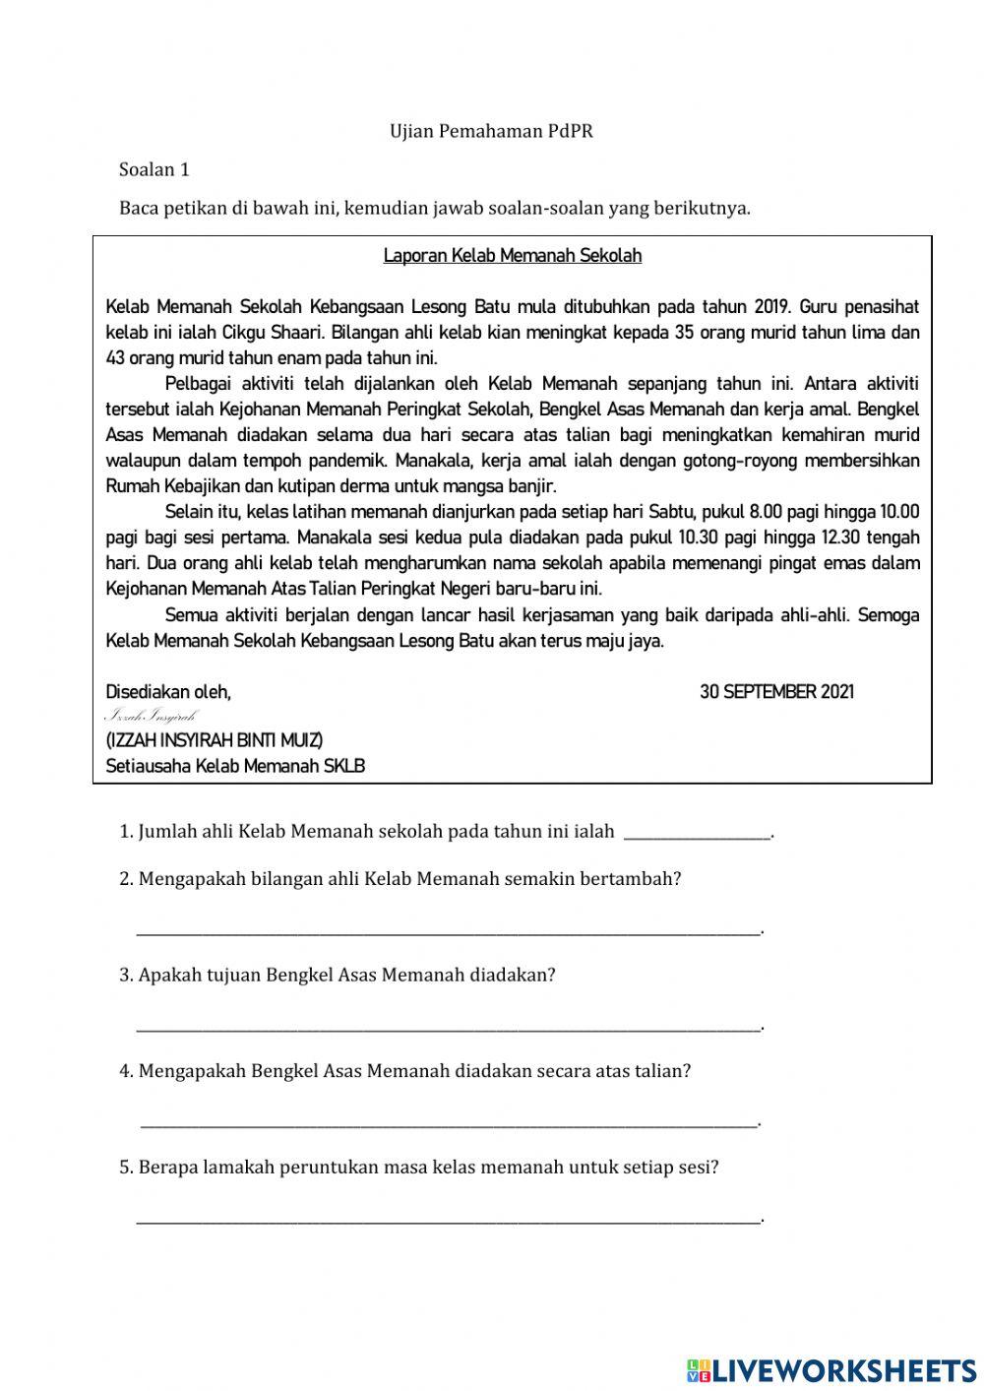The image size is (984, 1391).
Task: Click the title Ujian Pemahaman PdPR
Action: tap(491, 131)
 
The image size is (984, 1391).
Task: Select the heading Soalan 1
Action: tap(154, 169)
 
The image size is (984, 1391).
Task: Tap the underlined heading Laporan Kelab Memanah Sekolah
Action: tap(512, 256)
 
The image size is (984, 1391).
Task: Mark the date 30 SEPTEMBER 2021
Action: tap(776, 692)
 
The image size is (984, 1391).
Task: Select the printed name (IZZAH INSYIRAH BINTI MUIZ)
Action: tap(214, 739)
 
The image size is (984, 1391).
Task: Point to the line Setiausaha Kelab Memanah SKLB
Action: tap(235, 765)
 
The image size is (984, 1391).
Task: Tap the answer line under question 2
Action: tap(448, 928)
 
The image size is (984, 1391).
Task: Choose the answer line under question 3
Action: tap(448, 1025)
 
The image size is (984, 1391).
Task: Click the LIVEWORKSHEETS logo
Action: tap(831, 1369)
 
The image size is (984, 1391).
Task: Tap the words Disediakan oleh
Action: tap(168, 692)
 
